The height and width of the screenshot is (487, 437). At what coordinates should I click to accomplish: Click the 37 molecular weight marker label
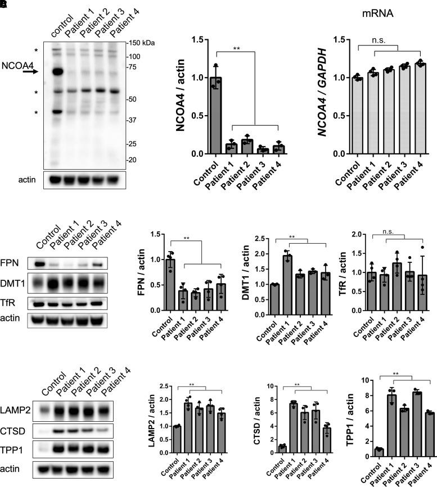click(131, 120)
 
